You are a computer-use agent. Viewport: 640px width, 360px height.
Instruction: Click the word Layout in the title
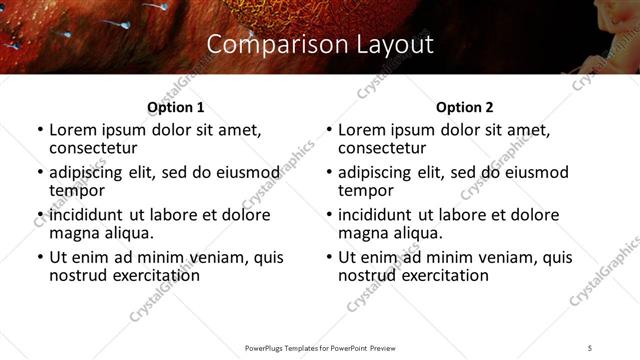pos(393,45)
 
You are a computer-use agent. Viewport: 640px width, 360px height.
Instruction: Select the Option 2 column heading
pos(464,107)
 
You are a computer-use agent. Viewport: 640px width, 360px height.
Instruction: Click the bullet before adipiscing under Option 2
pos(329,173)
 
